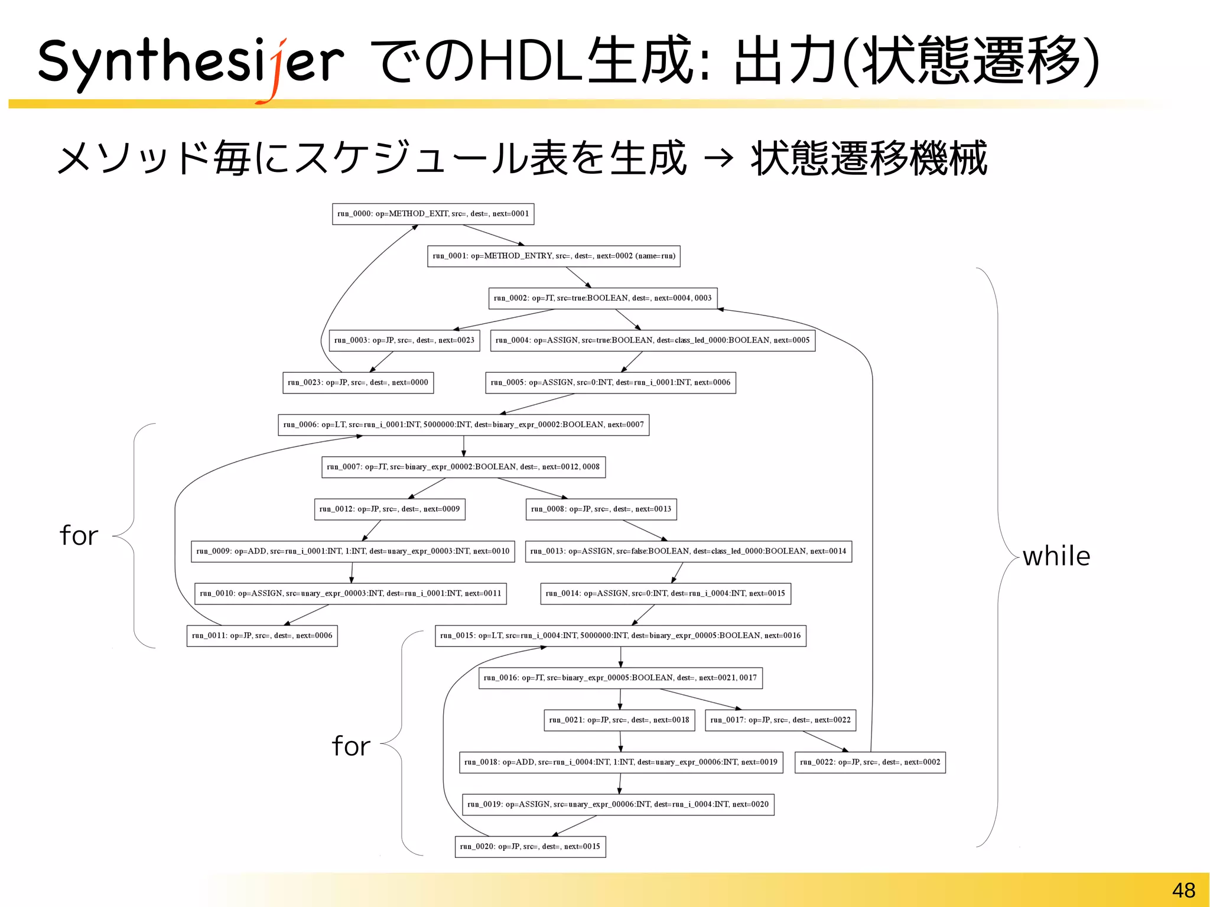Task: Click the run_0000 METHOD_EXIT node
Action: coord(433,214)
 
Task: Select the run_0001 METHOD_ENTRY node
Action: coord(554,256)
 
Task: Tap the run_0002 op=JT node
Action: coord(603,298)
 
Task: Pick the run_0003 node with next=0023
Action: coord(404,340)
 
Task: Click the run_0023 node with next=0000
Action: coord(358,382)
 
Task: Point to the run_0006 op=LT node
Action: coord(463,425)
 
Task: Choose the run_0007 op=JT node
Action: coord(463,467)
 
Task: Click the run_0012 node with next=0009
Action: coord(389,509)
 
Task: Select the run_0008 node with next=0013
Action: coord(601,509)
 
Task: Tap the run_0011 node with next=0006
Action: coord(262,636)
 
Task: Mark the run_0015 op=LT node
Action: coord(620,636)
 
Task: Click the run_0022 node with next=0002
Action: coord(870,762)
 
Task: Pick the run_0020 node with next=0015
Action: coord(530,847)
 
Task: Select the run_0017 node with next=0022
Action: coord(780,720)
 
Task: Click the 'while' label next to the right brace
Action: coord(1056,557)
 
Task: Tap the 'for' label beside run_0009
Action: coord(79,536)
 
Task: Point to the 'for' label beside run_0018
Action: coord(350,746)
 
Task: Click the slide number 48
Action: coord(1183,890)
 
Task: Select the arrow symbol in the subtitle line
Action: coord(718,158)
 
